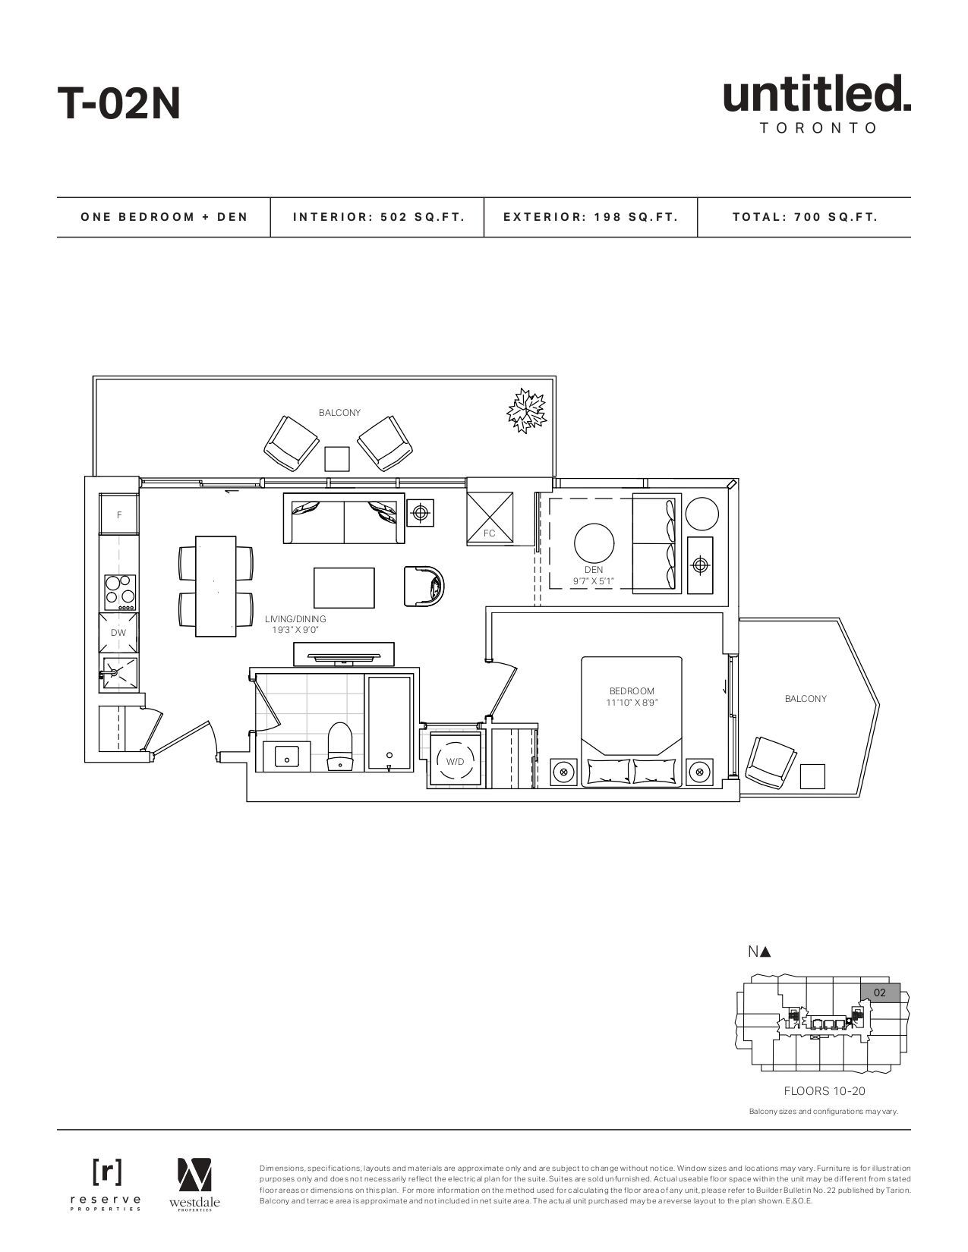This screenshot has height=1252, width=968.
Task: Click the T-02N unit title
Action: [x=119, y=104]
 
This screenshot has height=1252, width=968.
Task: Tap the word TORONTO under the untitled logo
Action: [x=818, y=128]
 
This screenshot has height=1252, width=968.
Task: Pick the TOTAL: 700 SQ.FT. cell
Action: [x=805, y=217]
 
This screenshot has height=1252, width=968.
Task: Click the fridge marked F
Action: [x=119, y=514]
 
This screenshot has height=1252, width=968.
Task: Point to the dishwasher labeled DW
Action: [x=118, y=632]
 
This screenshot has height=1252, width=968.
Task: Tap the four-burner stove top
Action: [x=121, y=593]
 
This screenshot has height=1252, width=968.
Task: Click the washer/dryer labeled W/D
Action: [x=455, y=761]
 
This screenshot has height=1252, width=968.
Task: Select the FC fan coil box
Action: [x=490, y=517]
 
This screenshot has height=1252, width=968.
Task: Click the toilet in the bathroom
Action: [x=340, y=746]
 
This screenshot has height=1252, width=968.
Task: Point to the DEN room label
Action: [x=593, y=570]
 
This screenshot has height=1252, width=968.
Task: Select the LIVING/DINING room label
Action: [x=295, y=619]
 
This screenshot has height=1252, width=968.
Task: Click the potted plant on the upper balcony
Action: [x=526, y=411]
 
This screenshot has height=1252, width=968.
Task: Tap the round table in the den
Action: [x=594, y=545]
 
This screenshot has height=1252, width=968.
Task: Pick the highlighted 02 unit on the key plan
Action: [x=880, y=992]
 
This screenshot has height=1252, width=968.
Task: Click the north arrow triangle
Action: [x=765, y=952]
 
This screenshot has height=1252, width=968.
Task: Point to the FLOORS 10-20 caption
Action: [x=825, y=1090]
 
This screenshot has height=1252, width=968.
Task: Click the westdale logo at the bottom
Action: [x=194, y=1184]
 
